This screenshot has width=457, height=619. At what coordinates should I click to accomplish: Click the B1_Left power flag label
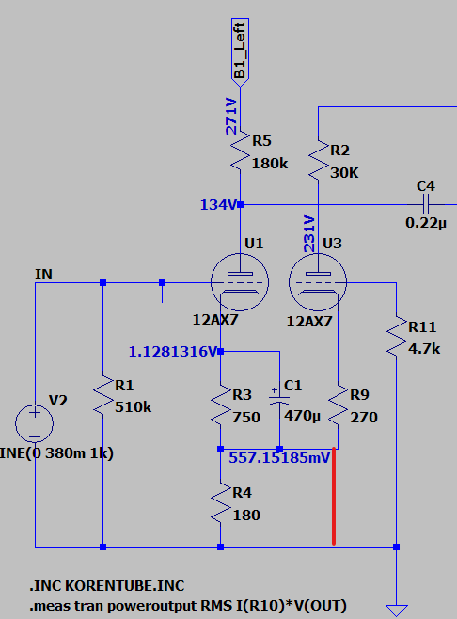(x=240, y=52)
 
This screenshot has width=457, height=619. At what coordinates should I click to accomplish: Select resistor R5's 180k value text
(x=270, y=164)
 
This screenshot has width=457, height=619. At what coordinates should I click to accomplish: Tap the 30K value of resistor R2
(x=344, y=173)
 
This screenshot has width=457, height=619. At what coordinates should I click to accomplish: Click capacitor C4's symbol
(x=426, y=204)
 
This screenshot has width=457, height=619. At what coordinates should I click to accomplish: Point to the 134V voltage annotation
(x=218, y=205)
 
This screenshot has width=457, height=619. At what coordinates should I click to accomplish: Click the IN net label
(x=44, y=275)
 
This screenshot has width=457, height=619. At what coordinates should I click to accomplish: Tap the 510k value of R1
(x=134, y=407)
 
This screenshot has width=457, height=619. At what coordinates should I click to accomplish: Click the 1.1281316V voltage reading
(x=173, y=351)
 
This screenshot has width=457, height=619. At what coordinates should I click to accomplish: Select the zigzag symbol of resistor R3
(x=221, y=405)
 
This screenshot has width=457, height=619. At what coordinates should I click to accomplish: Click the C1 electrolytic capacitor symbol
(x=279, y=400)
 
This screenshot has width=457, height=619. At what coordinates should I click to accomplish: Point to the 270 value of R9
(x=364, y=418)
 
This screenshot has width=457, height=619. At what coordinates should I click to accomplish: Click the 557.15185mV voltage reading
(x=279, y=458)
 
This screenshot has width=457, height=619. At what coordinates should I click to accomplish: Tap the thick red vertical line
(x=334, y=497)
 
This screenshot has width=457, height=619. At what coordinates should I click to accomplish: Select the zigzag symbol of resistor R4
(x=221, y=502)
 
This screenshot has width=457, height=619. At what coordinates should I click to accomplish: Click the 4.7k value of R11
(x=424, y=349)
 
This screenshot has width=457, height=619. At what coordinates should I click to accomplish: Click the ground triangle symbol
(x=397, y=611)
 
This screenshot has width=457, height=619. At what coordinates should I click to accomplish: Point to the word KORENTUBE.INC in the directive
(x=125, y=586)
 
